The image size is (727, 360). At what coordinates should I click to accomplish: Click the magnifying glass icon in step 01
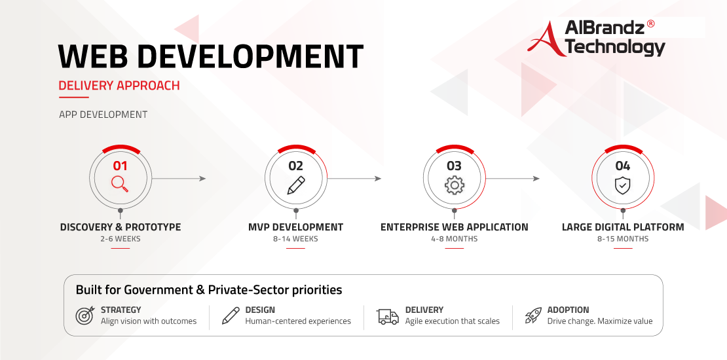[x=120, y=184]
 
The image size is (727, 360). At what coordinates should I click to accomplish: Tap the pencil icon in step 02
[x=296, y=185]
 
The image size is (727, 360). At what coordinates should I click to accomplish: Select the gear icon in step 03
[x=455, y=185]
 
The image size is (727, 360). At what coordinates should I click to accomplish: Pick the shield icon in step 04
[x=622, y=185]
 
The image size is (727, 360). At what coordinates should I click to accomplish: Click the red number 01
[x=120, y=166]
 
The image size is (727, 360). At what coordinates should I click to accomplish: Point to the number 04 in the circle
[x=623, y=166]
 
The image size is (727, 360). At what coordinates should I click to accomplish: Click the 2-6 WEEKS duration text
[x=121, y=239]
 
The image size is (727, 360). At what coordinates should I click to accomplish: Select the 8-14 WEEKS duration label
[x=296, y=239]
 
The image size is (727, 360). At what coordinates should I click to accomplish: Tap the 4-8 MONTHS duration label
[x=455, y=239]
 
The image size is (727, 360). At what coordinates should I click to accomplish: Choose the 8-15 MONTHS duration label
[x=623, y=239]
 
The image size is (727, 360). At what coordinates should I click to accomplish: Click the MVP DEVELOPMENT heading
[x=296, y=227]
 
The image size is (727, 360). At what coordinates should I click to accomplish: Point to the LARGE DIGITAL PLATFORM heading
[x=623, y=227]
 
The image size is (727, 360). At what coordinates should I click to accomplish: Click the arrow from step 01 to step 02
[x=179, y=179]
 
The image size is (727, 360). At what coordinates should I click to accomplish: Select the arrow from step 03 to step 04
[x=513, y=179]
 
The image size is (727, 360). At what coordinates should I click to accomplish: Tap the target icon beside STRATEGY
[x=84, y=315]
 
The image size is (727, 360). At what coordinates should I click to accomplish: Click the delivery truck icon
[x=388, y=316]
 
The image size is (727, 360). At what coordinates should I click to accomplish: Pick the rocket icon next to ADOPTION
[x=533, y=315]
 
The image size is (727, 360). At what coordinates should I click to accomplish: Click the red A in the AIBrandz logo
[x=547, y=39]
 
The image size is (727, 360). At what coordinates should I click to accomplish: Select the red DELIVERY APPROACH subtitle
[x=119, y=86]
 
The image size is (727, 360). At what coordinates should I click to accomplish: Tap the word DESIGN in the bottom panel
[x=260, y=310]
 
